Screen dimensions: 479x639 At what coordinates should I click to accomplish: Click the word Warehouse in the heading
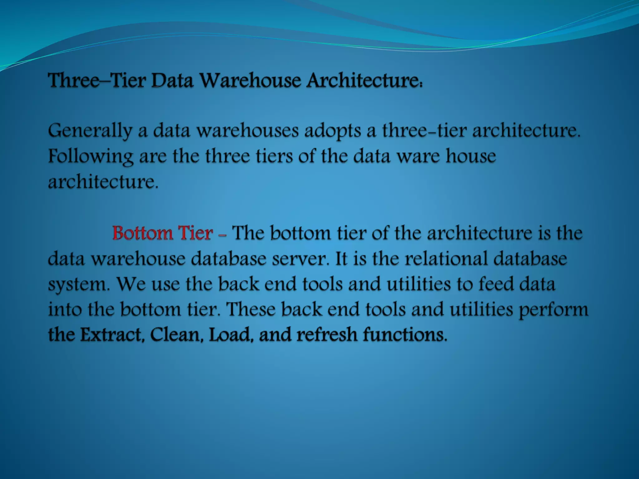click(x=251, y=80)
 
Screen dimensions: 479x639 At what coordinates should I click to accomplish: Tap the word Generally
click(x=90, y=131)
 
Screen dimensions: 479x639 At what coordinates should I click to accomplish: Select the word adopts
click(x=333, y=131)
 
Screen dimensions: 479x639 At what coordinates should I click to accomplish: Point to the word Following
click(x=91, y=156)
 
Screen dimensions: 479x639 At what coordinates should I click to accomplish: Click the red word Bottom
click(x=142, y=233)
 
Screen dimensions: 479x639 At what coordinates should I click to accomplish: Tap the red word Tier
click(x=195, y=233)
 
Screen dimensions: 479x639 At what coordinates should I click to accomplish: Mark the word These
click(x=251, y=309)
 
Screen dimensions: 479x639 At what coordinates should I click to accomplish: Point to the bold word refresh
click(x=327, y=335)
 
